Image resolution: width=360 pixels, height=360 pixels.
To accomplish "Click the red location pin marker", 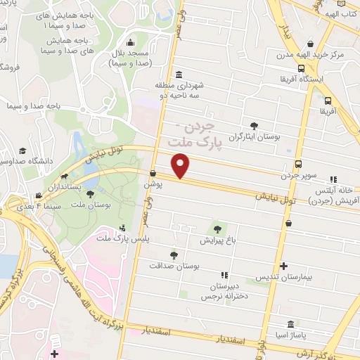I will click(181, 166).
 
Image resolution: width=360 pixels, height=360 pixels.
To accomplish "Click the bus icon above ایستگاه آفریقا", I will click(301, 68).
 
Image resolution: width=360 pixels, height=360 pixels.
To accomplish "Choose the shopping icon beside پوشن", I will click(153, 172).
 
